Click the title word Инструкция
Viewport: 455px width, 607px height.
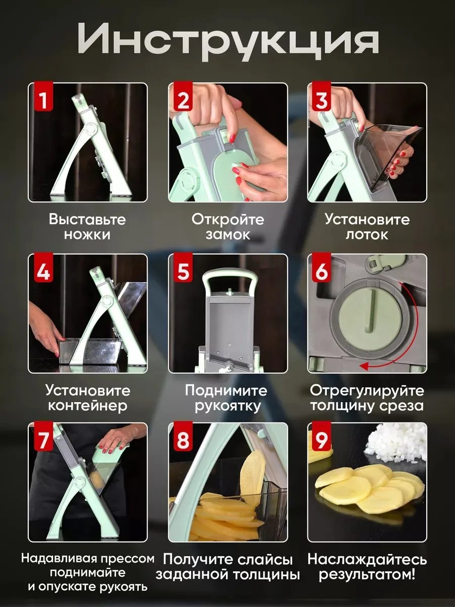[x=228, y=41]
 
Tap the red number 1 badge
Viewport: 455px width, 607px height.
[x=43, y=97]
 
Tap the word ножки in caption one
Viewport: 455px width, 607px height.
[x=87, y=235]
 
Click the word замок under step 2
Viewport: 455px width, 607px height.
[x=228, y=235]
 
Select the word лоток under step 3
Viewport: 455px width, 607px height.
[x=367, y=235]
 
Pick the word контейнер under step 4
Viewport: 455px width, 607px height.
[x=87, y=406]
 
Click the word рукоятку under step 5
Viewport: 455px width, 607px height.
[x=228, y=407]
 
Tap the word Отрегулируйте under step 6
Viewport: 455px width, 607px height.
[x=367, y=391]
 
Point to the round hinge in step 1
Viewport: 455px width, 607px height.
[x=91, y=130]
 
